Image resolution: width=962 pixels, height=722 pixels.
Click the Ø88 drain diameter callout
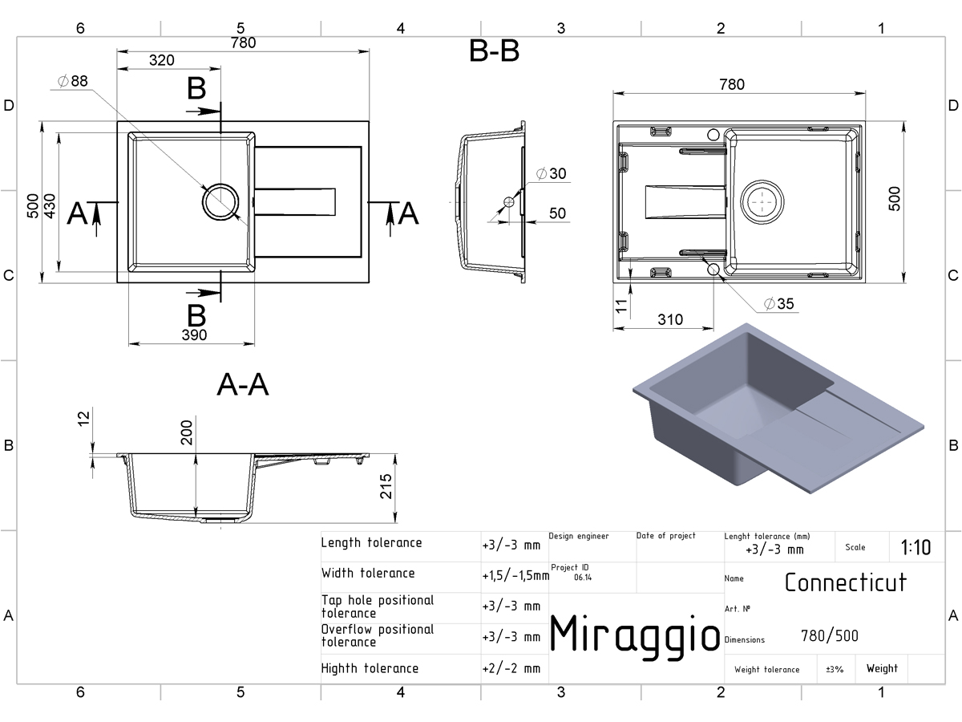pyautogui.click(x=73, y=81)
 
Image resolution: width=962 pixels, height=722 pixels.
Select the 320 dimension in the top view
pyautogui.click(x=162, y=60)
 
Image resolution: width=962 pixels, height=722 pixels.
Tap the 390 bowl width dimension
pyautogui.click(x=194, y=335)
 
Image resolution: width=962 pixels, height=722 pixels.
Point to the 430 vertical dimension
pyautogui.click(x=50, y=206)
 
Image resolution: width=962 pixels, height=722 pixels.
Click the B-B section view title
pyautogui.click(x=494, y=51)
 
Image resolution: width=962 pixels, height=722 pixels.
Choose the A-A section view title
pyautogui.click(x=243, y=384)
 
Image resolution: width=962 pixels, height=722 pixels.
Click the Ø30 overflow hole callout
pyautogui.click(x=552, y=173)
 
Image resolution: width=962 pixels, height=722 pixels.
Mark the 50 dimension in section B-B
pyautogui.click(x=557, y=213)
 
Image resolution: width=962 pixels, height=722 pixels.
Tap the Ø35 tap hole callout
pyautogui.click(x=778, y=303)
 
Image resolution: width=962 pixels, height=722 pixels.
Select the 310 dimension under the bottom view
pyautogui.click(x=670, y=319)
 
